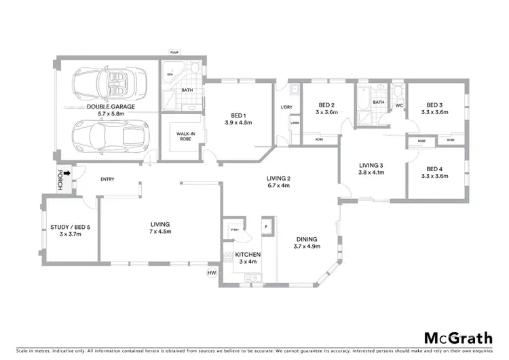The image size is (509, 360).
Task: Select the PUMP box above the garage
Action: (x=174, y=52)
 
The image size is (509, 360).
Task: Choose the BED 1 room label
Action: (x=238, y=119)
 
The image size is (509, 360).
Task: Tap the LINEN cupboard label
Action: (x=295, y=123)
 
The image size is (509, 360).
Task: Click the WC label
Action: (x=399, y=105)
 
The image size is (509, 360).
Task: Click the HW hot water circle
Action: (x=210, y=272)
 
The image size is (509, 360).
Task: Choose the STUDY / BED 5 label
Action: (x=70, y=230)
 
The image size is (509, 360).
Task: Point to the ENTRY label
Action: (x=107, y=179)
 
